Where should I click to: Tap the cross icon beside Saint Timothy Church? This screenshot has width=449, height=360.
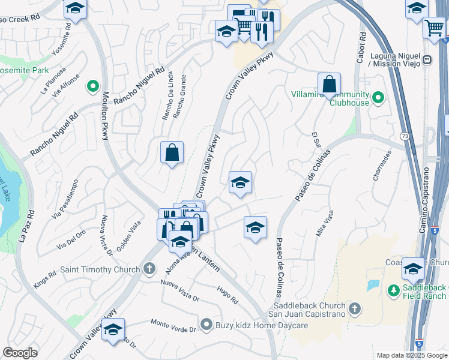pyautogui.click(x=151, y=269)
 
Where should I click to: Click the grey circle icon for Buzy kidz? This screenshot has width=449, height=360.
pyautogui.click(x=207, y=325)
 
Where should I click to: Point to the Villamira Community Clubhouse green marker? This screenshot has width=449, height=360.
pyautogui.click(x=378, y=97)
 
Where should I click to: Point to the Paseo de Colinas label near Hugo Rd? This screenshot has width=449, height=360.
pyautogui.click(x=278, y=267)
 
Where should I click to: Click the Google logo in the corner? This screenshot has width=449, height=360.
pyautogui.click(x=20, y=353)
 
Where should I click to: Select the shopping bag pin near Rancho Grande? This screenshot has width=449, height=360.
pyautogui.click(x=172, y=152)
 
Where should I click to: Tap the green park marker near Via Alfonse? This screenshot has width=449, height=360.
pyautogui.click(x=93, y=88)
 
